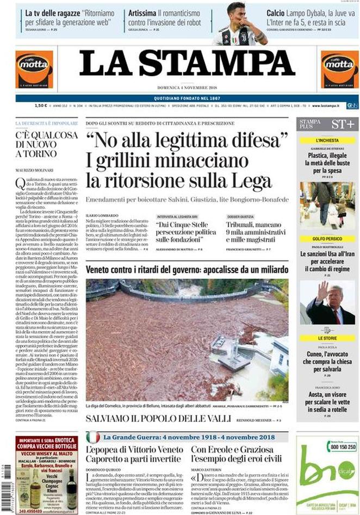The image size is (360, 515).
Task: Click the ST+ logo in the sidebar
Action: (x=343, y=124)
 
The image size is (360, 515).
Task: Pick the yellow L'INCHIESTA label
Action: (x=327, y=140)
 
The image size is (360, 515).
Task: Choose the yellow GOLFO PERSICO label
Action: (x=327, y=239)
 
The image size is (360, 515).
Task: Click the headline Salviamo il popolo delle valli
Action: (x=159, y=419)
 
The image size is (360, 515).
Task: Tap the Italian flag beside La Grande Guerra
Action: (x=93, y=437)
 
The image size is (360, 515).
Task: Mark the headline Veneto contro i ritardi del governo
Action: (x=187, y=270)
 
